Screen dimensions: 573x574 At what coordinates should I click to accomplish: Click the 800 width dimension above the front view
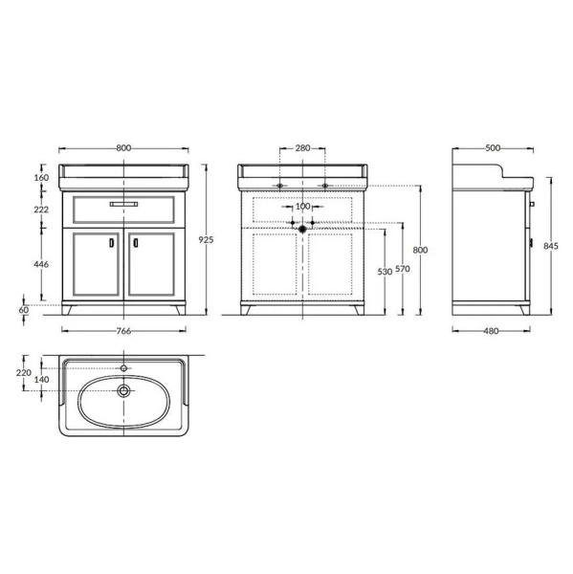[123, 148]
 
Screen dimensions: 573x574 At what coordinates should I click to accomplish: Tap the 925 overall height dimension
[206, 240]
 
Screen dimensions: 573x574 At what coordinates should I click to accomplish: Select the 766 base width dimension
[123, 331]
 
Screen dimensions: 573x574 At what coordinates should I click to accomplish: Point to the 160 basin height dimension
[41, 178]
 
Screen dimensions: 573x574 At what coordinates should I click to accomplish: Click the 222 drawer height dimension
[41, 210]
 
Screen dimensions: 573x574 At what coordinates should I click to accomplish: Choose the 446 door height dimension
[41, 264]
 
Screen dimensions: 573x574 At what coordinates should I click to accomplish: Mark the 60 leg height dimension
[24, 310]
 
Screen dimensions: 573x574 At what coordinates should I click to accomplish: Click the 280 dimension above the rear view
[302, 148]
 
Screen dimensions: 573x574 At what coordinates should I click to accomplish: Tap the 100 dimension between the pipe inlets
[302, 207]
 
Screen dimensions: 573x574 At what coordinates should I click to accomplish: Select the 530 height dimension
[385, 272]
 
